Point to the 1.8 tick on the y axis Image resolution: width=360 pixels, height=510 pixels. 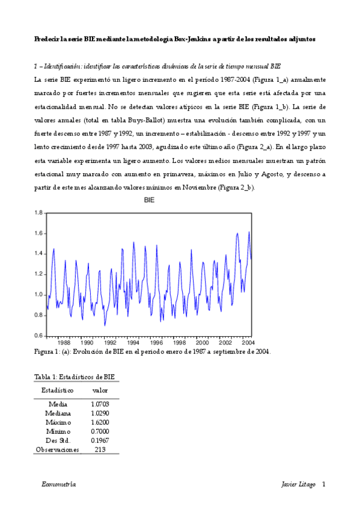coord(38,213)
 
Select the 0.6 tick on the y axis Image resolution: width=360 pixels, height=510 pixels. coord(38,336)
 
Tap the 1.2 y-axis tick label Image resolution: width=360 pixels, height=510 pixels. coord(38,274)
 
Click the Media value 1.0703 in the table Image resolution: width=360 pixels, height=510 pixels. coord(100,404)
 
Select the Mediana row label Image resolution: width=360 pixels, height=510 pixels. coord(58,413)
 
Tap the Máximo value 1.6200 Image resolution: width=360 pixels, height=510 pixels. coord(100,422)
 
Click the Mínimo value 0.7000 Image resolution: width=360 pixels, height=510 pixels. coord(100,431)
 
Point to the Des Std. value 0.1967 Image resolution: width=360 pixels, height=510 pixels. coord(100,440)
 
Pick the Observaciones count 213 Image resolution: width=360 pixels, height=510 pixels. coord(100,449)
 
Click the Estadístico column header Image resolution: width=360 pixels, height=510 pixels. coord(58,390)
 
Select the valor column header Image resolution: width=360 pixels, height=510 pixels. coord(100,390)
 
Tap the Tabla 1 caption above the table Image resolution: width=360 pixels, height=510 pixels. coord(75,377)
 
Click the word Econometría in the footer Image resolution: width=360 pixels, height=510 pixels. coord(59,484)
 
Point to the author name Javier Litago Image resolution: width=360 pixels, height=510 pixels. coord(298,484)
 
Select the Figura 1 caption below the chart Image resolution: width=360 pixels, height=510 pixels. coord(152,352)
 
